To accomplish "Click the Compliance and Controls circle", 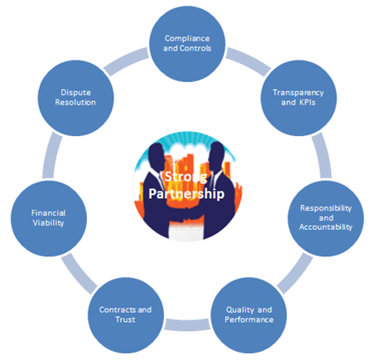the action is pyautogui.click(x=187, y=44).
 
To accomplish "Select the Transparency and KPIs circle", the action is pyautogui.click(x=298, y=98).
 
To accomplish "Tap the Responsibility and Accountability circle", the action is pyautogui.click(x=326, y=218).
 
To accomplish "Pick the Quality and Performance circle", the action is pyautogui.click(x=249, y=315).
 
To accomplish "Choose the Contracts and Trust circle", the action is pyautogui.click(x=126, y=315).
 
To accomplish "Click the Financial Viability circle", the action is pyautogui.click(x=49, y=218).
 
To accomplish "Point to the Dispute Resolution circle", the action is pyautogui.click(x=75, y=98).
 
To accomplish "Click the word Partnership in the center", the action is pyautogui.click(x=186, y=193).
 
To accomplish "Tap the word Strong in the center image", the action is pyautogui.click(x=186, y=177).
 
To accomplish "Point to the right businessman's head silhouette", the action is pyautogui.click(x=217, y=155).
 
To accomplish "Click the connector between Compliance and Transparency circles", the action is pyautogui.click(x=248, y=61).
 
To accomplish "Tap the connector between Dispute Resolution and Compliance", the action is pyautogui.click(x=127, y=61).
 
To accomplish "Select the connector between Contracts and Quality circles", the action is pyautogui.click(x=187, y=324).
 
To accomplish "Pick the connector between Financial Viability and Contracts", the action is pyautogui.click(x=79, y=274).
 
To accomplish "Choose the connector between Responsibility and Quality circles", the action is pyautogui.click(x=295, y=273).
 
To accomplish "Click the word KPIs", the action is pyautogui.click(x=307, y=102).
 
